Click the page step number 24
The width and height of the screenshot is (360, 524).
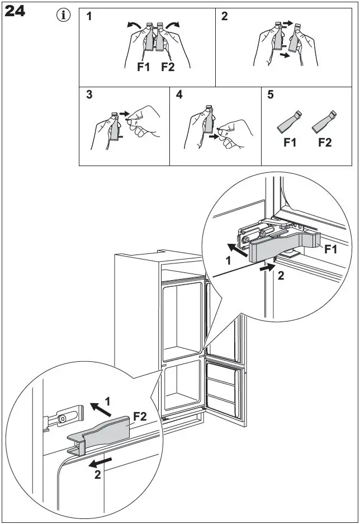tap(15, 11)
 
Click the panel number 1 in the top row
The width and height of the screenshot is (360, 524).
tap(89, 16)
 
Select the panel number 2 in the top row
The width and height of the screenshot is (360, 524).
tap(225, 16)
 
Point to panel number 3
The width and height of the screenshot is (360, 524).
tap(89, 95)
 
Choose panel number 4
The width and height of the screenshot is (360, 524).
tap(179, 95)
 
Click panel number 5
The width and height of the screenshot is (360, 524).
tap(271, 95)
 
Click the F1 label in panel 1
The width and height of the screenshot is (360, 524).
tap(144, 68)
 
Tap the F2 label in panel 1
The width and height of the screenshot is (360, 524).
tap(168, 68)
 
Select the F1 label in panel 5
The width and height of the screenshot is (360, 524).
tap(290, 143)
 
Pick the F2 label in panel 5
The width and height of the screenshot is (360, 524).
tap(325, 143)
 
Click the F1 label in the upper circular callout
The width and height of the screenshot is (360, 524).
tap(331, 249)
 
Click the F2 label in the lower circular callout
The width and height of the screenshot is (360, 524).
tap(140, 417)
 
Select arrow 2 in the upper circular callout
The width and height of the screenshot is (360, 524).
tap(267, 268)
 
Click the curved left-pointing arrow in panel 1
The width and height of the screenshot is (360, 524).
tap(134, 25)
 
